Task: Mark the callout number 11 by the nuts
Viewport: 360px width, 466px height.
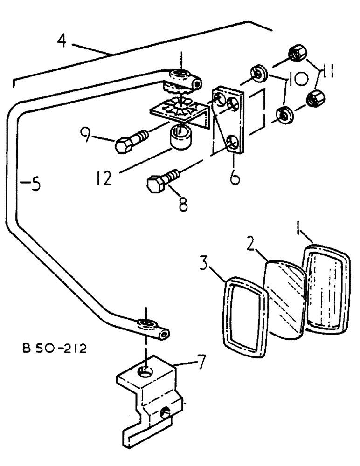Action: coord(327,73)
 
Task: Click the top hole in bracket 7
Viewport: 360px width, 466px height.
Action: coord(146,370)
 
